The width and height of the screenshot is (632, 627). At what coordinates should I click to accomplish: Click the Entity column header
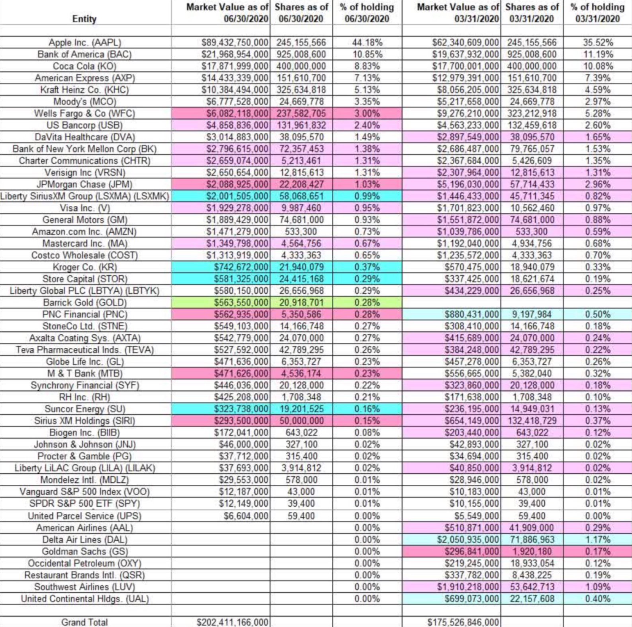pos(84,19)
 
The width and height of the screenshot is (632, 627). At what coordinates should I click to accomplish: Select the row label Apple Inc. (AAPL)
pos(85,43)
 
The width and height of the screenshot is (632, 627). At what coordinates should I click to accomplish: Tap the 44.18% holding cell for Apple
pos(367,43)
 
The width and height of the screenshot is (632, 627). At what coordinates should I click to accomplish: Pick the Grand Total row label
pos(84,622)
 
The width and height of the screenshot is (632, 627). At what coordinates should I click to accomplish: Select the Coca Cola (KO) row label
pos(85,66)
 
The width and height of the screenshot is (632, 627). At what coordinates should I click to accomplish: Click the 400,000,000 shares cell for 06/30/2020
pos(302,66)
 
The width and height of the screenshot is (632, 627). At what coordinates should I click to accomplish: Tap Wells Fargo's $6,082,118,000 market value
pos(237,114)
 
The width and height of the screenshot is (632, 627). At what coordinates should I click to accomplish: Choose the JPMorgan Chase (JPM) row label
pos(84,184)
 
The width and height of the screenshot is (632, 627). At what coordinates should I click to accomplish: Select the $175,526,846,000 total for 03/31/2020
pos(463,622)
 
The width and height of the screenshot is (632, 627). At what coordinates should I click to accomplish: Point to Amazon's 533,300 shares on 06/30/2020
pos(301,232)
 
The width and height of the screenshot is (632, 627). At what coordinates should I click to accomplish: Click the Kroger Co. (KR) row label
pos(85,267)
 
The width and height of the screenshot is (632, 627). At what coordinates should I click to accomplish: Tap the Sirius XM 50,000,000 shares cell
pos(302,421)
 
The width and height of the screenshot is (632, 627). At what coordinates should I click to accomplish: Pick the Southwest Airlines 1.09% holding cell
pos(597,587)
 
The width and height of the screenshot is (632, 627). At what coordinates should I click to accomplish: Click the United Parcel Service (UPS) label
pos(84,516)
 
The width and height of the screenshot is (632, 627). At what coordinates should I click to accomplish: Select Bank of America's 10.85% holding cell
pos(367,55)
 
